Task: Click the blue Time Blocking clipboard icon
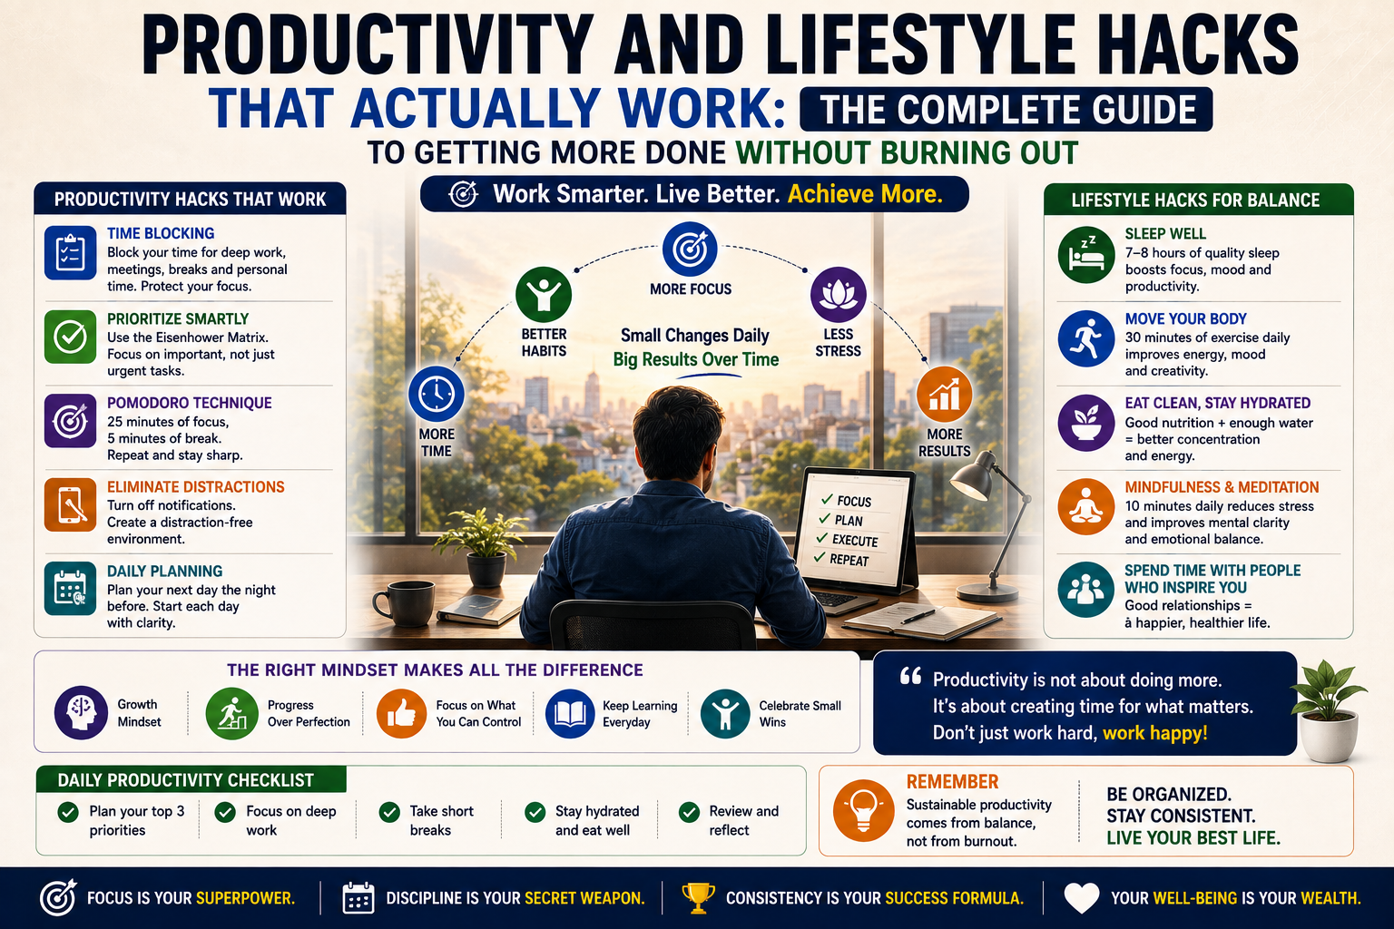pyautogui.click(x=70, y=252)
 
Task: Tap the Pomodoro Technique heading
pyautogui.click(x=189, y=403)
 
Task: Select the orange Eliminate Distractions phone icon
pyautogui.click(x=70, y=504)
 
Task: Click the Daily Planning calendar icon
pyautogui.click(x=70, y=589)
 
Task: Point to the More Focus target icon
pyautogui.click(x=690, y=249)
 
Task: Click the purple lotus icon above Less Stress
pyautogui.click(x=838, y=294)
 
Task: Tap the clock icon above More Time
pyautogui.click(x=437, y=394)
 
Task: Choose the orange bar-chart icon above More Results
pyautogui.click(x=944, y=394)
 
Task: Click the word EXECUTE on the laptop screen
pyautogui.click(x=855, y=540)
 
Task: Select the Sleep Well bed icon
pyautogui.click(x=1086, y=255)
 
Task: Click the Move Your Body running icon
pyautogui.click(x=1086, y=339)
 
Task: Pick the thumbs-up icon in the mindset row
pyautogui.click(x=401, y=713)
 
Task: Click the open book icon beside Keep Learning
pyautogui.click(x=569, y=713)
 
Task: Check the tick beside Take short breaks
pyautogui.click(x=389, y=812)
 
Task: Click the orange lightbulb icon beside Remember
pyautogui.click(x=863, y=811)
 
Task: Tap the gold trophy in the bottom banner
pyautogui.click(x=698, y=898)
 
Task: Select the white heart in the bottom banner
pyautogui.click(x=1082, y=898)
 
